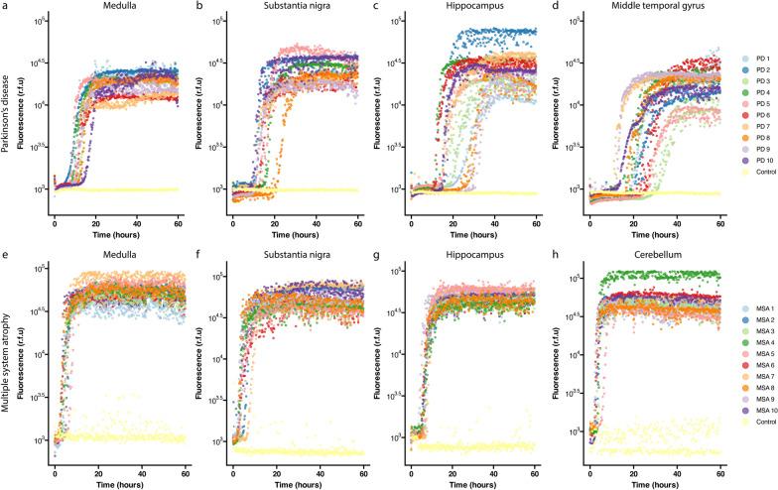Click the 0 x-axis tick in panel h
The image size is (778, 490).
pos(587,470)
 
